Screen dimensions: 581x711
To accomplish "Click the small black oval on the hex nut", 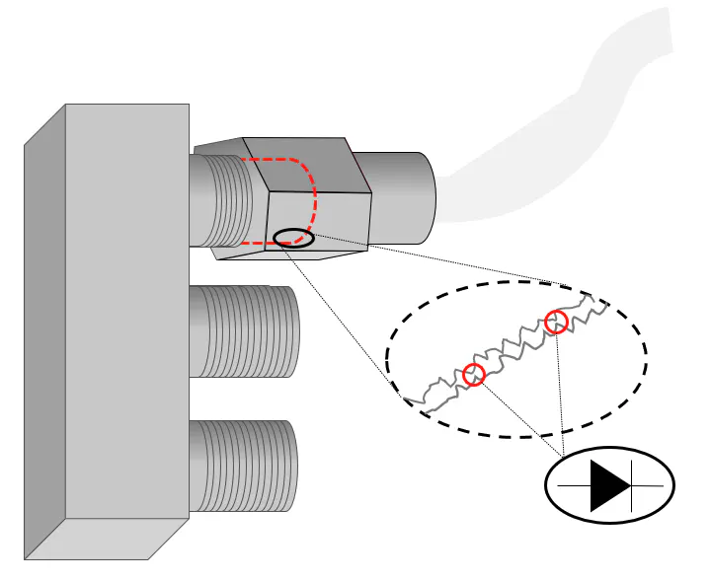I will point(293,237).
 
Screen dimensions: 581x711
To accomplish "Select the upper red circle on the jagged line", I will point(556,322).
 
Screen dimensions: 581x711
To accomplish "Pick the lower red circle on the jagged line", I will point(474,375).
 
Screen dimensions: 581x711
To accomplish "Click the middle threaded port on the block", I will point(243,331).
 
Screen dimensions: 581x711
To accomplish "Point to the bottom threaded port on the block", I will point(243,466).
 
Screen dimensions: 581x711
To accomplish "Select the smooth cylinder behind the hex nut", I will point(400,197).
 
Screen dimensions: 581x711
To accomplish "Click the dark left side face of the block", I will point(44,335).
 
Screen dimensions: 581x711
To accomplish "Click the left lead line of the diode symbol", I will point(574,486).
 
